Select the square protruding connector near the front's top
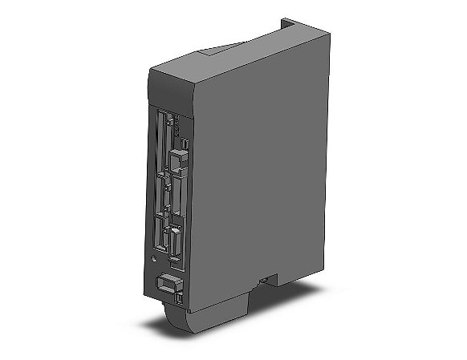coord(176,165)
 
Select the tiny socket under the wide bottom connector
coord(177,299)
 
